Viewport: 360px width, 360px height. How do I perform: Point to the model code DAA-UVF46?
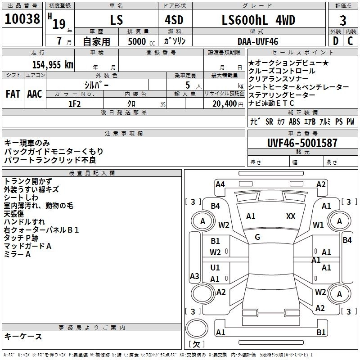[x=258, y=41]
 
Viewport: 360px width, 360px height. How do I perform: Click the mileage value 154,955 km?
[x=53, y=64]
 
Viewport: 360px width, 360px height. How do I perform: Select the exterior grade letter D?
[x=336, y=41]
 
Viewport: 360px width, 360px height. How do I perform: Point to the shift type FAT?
[x=13, y=94]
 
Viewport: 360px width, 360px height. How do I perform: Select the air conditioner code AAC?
[x=34, y=94]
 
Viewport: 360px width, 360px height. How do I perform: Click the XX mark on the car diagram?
[x=291, y=216]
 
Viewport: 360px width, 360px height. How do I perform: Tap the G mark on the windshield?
[x=257, y=237]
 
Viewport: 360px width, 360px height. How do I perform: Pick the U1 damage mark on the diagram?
[x=215, y=268]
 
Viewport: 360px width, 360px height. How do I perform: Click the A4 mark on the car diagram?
[x=220, y=184]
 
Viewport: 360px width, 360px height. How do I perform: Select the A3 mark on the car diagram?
[x=194, y=276]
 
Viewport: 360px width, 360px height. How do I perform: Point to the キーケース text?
[x=23, y=336]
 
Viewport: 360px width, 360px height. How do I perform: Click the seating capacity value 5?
[x=187, y=85]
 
